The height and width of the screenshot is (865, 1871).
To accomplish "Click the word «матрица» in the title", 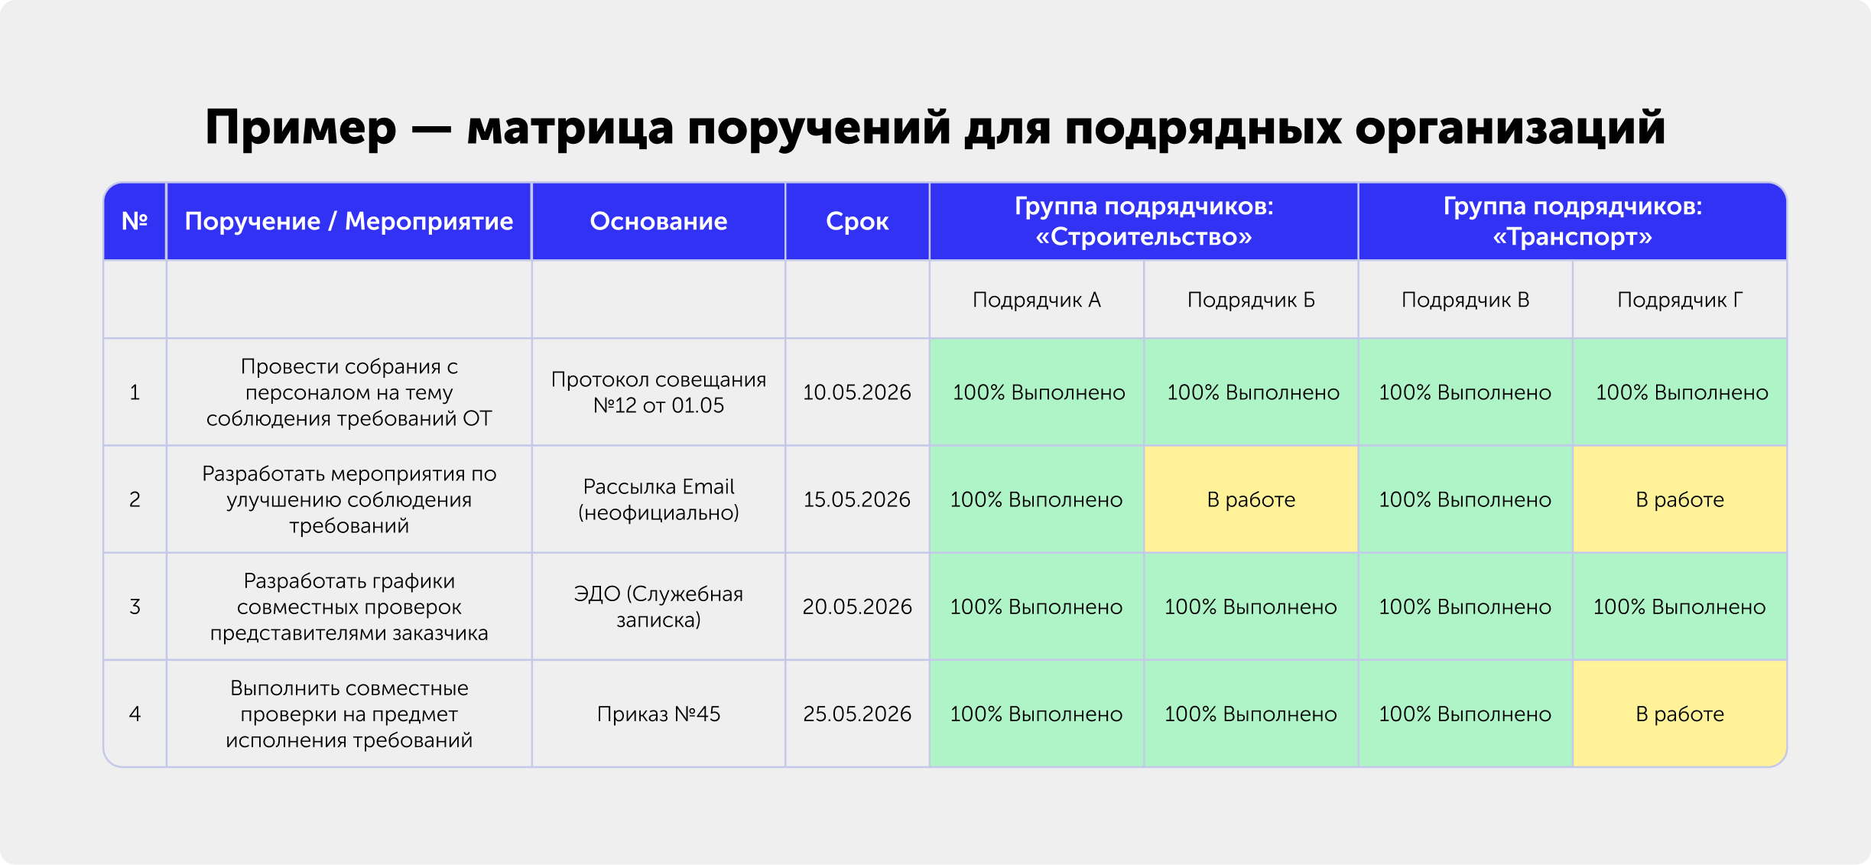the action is click(570, 128).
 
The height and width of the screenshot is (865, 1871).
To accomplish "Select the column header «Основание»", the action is click(658, 221).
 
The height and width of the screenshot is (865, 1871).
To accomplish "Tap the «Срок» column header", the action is click(857, 222).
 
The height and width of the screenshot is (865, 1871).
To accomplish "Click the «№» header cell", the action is click(135, 221).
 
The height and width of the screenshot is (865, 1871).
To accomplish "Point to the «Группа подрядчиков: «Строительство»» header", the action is click(1144, 221).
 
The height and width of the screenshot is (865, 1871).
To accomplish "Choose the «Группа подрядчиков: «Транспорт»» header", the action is click(1573, 221).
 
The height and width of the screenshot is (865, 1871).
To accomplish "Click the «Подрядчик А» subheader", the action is click(1037, 300).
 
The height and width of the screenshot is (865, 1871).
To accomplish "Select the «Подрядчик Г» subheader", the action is click(1680, 300).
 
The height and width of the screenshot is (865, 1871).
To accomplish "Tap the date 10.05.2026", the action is click(857, 392).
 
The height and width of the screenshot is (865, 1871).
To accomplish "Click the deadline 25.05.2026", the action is click(857, 714).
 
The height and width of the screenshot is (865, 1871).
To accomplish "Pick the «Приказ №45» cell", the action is click(658, 714).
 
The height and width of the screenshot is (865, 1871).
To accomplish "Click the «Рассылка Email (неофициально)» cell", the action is click(658, 499).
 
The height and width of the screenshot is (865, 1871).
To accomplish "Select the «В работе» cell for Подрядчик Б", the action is click(1251, 499).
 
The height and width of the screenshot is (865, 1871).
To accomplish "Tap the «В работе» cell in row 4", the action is click(1680, 714).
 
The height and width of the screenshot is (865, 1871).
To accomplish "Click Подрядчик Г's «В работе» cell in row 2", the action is click(1680, 499).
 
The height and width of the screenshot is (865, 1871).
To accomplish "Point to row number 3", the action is click(135, 606).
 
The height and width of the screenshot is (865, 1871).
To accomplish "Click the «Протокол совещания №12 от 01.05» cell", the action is click(658, 392).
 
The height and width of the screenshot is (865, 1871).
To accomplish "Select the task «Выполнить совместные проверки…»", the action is click(349, 714).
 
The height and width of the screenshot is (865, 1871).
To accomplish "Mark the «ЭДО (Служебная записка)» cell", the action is click(658, 606).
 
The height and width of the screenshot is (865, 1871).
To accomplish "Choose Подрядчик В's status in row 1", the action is click(1465, 392).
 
